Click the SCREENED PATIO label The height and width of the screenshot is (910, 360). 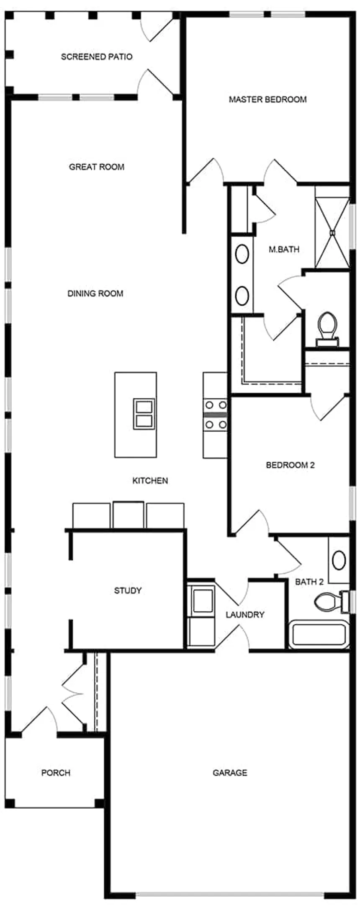click(x=97, y=57)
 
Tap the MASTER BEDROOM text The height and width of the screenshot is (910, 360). click(x=267, y=99)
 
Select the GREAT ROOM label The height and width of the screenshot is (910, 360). click(x=97, y=167)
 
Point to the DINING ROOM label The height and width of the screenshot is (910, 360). click(x=95, y=293)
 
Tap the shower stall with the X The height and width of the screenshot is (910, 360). click(x=332, y=232)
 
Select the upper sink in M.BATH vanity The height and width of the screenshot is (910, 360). click(x=242, y=254)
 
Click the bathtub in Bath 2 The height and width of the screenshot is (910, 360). click(x=319, y=634)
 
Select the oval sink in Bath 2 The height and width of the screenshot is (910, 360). click(x=339, y=560)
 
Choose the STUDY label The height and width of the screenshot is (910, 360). click(x=128, y=590)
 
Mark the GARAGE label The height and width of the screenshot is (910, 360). click(x=230, y=773)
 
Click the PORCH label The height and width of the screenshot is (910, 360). click(x=56, y=773)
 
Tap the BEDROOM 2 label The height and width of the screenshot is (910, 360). click(x=290, y=465)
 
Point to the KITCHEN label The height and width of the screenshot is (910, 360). click(x=150, y=480)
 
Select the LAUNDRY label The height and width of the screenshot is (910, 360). click(x=245, y=614)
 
